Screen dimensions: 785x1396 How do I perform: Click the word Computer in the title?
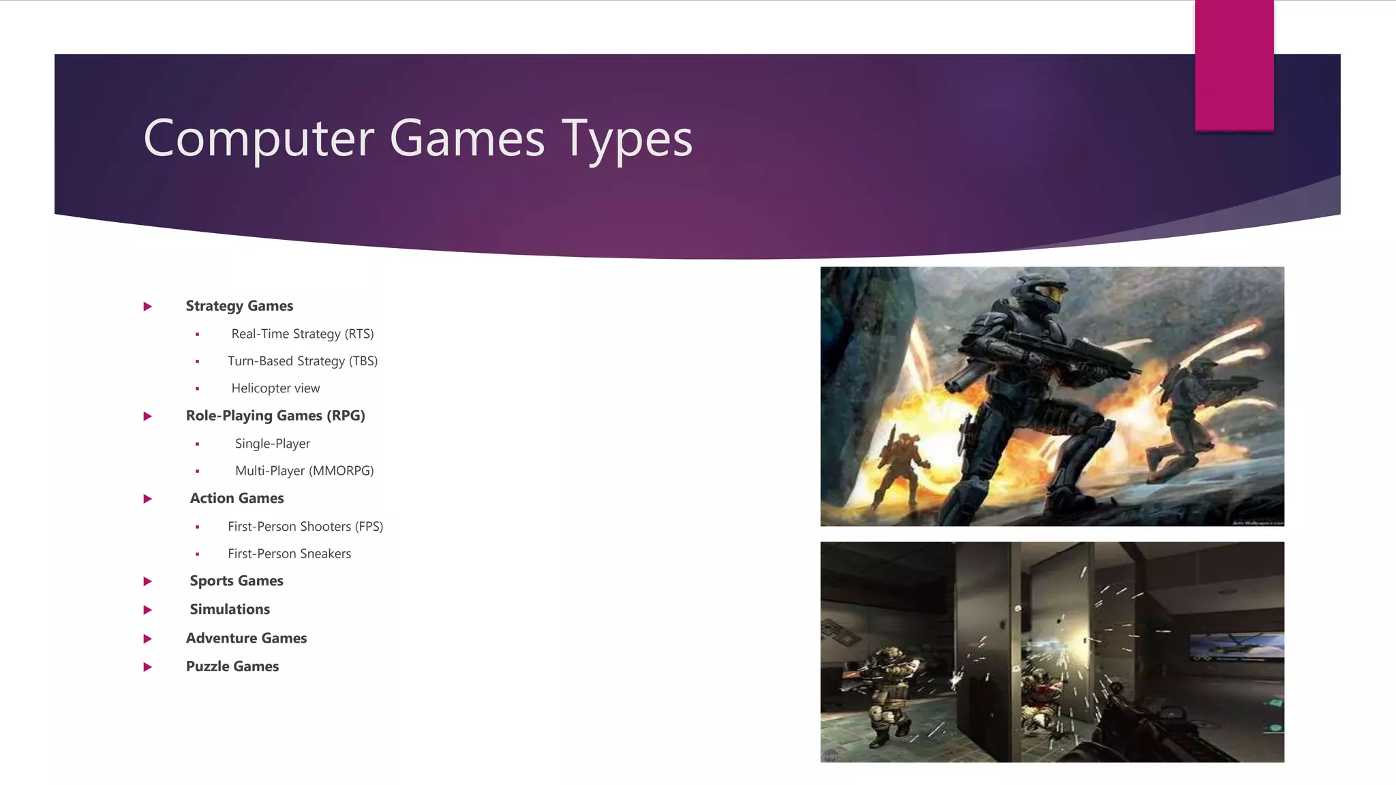(259, 139)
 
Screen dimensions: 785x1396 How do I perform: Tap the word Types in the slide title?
(626, 139)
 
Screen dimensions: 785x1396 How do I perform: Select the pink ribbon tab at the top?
(1234, 65)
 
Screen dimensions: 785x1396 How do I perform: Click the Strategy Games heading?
(239, 306)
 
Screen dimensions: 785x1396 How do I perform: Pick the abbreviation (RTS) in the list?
(359, 334)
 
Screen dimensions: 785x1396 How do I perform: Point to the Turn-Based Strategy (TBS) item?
(303, 361)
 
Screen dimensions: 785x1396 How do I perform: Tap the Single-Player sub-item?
(273, 444)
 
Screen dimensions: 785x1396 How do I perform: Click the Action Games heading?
(237, 498)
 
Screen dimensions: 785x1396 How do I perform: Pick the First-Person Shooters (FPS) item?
(305, 527)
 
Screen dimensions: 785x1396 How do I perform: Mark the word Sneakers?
(325, 554)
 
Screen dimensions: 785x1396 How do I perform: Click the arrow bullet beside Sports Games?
(147, 581)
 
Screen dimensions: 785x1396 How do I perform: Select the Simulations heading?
(230, 609)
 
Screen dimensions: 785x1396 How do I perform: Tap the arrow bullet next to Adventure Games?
(147, 638)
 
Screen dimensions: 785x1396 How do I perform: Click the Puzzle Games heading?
(232, 666)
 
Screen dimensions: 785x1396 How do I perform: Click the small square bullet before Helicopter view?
(198, 388)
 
